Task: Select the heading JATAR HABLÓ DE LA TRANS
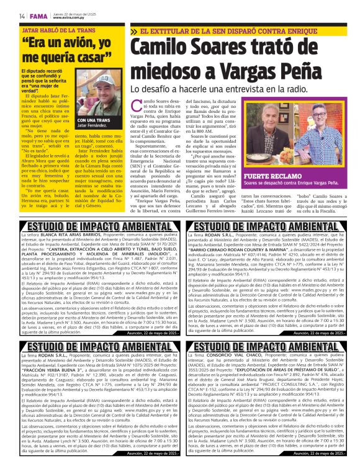58,30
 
